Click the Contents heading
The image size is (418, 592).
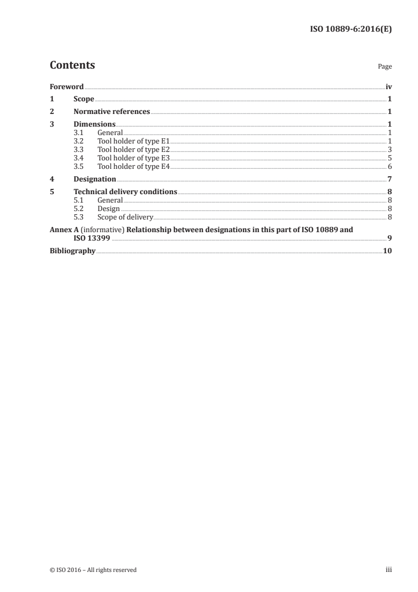pos(72,65)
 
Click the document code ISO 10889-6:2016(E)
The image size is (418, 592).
pos(350,29)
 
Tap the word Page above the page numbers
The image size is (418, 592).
pos(385,67)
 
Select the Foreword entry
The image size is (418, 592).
pos(66,87)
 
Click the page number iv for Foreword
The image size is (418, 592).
pos(388,87)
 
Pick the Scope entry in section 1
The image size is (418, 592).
pos(84,99)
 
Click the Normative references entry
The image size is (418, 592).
pos(112,111)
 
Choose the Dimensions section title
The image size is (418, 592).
pos(94,125)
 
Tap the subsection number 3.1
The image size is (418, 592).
pos(79,133)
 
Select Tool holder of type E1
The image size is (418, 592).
pos(133,141)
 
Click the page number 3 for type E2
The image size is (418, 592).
pos(390,150)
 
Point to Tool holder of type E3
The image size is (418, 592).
pos(133,158)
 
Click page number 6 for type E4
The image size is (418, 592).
pos(390,166)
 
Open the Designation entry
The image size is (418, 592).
pos(95,179)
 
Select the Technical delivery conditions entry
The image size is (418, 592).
pos(125,192)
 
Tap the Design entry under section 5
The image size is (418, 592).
pos(109,208)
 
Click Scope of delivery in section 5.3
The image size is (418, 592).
pos(125,217)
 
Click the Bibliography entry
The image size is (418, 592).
pos(72,251)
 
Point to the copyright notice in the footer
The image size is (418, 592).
pos(93,570)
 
